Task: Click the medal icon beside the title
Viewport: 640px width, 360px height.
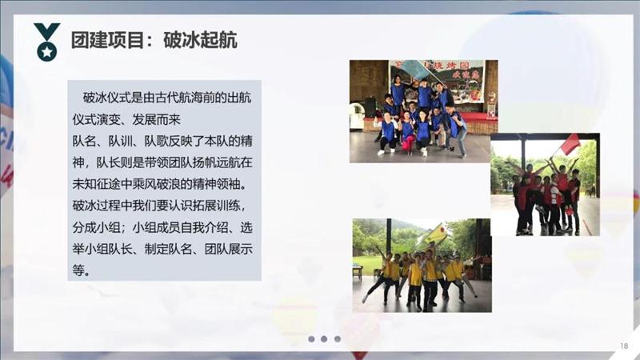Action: [x=46, y=42]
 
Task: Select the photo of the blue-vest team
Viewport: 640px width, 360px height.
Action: [x=423, y=110]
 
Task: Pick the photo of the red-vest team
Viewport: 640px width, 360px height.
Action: [x=545, y=185]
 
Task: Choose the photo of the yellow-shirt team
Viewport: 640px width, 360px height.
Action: [x=422, y=265]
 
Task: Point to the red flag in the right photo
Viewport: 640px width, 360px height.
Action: [x=570, y=145]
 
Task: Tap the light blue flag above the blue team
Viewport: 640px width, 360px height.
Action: [x=415, y=69]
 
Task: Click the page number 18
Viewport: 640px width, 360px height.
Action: [x=624, y=346]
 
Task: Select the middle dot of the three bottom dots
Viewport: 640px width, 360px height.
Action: [x=324, y=339]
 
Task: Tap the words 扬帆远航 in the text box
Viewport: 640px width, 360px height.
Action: [x=214, y=162]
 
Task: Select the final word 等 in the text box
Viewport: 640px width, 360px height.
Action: [x=78, y=270]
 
